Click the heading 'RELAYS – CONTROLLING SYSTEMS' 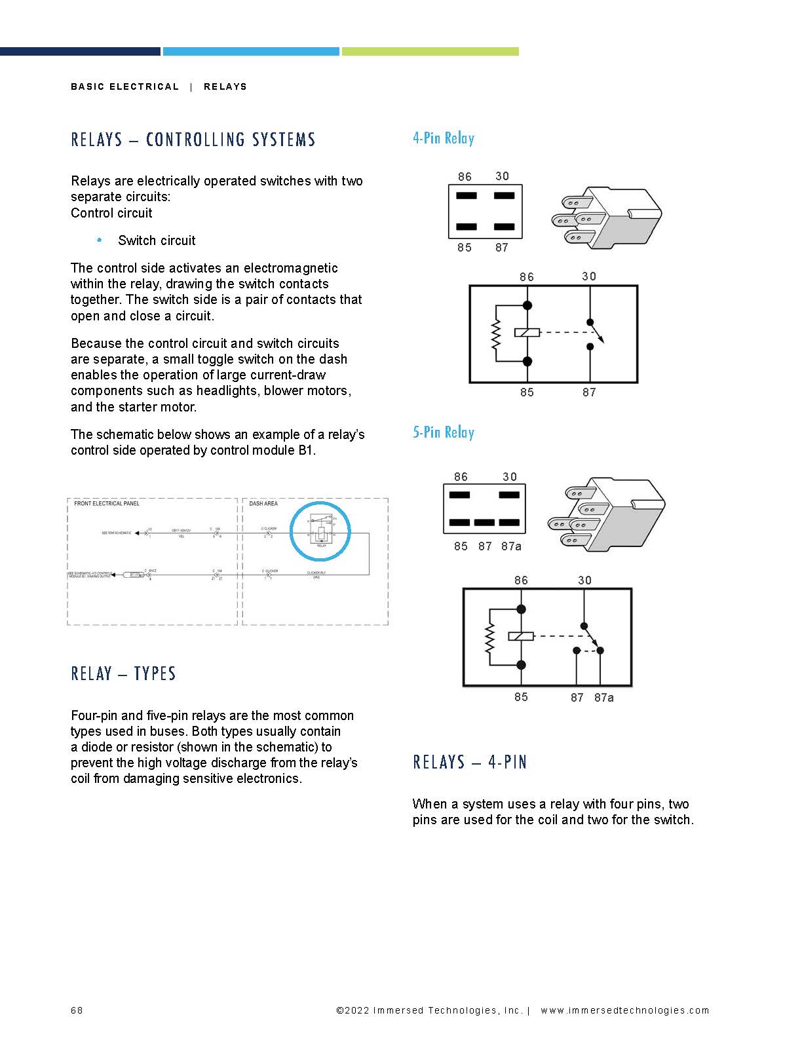[x=193, y=140]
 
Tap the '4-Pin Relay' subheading [x=443, y=138]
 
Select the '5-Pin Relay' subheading [x=443, y=432]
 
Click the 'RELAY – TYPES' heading [x=123, y=674]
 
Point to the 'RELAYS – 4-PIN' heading [x=470, y=762]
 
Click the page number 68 [x=77, y=1010]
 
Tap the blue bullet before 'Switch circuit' [x=100, y=240]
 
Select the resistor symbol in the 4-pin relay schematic [x=496, y=333]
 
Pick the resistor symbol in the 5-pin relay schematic [x=489, y=637]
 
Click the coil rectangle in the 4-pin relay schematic [x=527, y=333]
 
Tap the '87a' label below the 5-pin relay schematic [x=604, y=698]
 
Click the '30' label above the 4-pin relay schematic [x=589, y=276]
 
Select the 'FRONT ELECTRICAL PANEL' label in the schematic [x=107, y=504]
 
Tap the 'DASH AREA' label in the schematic [x=263, y=504]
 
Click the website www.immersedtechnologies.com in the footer [x=624, y=1010]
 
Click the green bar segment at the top [x=430, y=51]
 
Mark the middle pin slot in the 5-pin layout [x=484, y=523]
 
